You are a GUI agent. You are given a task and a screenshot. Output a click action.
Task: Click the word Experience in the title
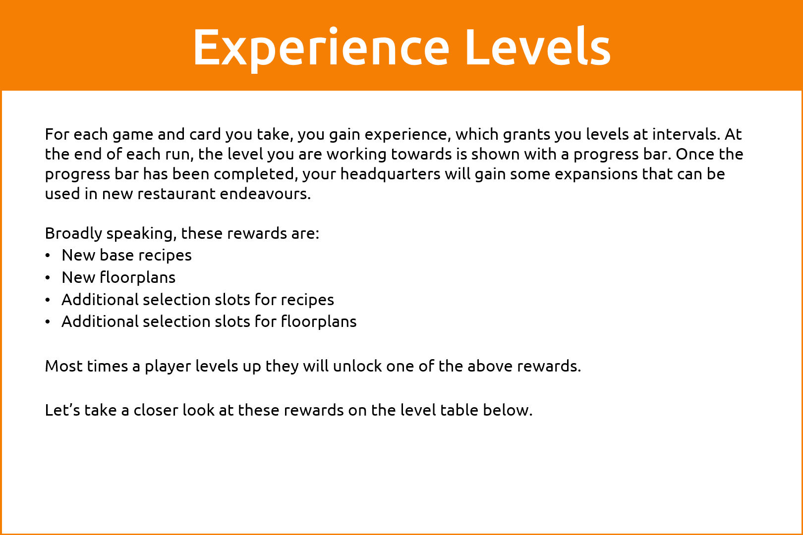(x=321, y=49)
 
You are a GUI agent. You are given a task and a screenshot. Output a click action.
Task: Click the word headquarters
(x=390, y=174)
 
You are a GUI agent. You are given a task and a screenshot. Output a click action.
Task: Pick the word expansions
(x=596, y=174)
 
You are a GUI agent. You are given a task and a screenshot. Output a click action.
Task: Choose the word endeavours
(x=265, y=194)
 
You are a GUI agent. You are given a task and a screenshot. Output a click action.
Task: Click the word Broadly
(x=73, y=234)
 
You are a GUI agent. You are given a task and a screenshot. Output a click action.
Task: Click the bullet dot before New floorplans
(x=48, y=278)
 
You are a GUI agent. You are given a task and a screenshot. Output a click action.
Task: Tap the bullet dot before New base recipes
(x=48, y=256)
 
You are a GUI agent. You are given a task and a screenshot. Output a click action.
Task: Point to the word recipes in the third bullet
(x=307, y=300)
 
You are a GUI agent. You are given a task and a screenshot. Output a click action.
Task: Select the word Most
(x=64, y=367)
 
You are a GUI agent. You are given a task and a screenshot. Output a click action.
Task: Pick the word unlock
(x=357, y=366)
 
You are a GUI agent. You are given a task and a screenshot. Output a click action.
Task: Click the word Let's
(x=62, y=411)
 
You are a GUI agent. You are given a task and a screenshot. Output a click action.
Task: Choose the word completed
(x=256, y=174)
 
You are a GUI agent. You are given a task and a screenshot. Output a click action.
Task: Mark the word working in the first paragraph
(x=356, y=155)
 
